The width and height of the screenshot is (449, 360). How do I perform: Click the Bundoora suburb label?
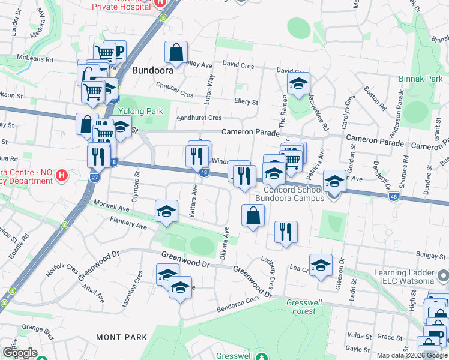pos(153,69)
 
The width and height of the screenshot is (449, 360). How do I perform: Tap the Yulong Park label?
pos(140,111)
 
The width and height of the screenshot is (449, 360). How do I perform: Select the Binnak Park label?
pos(420,79)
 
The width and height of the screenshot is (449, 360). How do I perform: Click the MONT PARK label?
pos(121,338)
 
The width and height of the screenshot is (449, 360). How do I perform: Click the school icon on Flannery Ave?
pos(167,212)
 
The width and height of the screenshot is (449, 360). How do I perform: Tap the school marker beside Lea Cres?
pos(321,266)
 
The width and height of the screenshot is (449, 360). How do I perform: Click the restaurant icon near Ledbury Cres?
pos(286,232)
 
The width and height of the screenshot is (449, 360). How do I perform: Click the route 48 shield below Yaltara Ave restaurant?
pos(205,173)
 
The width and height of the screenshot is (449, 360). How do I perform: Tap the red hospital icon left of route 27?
pos(61,176)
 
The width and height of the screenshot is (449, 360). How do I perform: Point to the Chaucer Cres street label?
pos(175,94)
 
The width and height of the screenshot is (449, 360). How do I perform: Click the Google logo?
pos(20,353)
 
